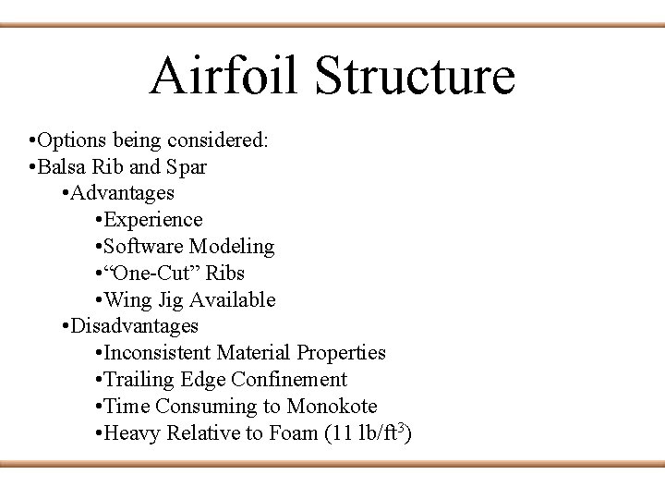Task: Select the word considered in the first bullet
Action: click(223, 140)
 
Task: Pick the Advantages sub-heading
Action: click(122, 193)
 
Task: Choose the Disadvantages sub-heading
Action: click(134, 326)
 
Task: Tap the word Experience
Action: click(153, 220)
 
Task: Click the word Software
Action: click(144, 247)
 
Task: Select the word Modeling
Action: click(232, 247)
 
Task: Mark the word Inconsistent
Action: click(158, 353)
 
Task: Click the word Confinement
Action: click(289, 380)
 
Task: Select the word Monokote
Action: click(332, 407)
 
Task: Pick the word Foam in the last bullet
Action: click(294, 432)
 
